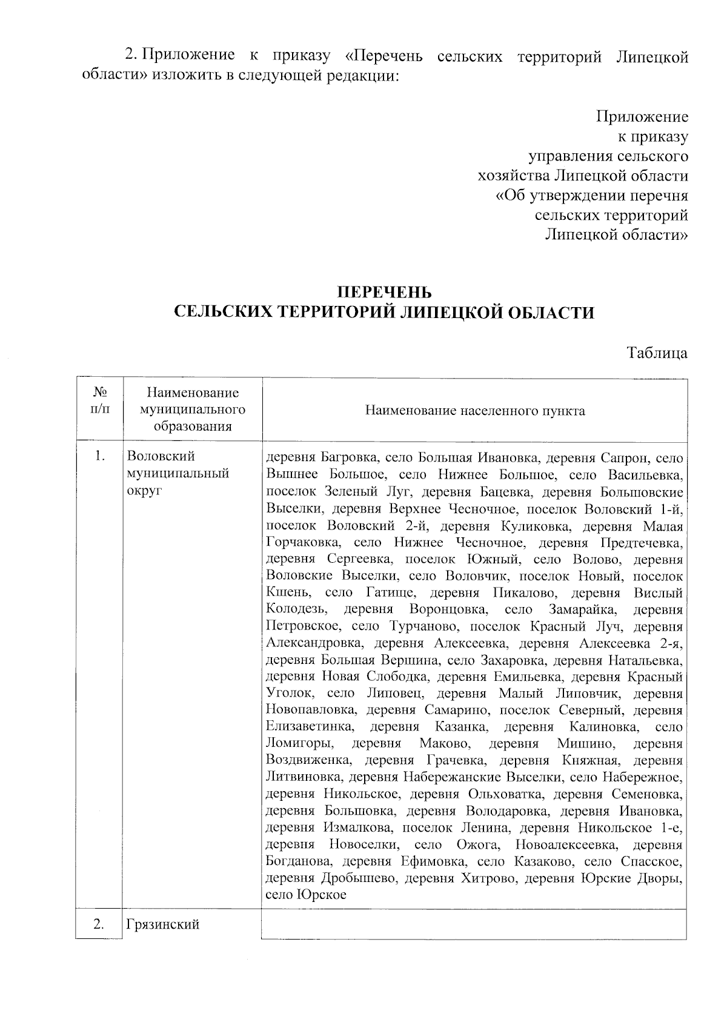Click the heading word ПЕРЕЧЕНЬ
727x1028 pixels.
click(x=384, y=293)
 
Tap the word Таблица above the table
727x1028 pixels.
click(x=657, y=353)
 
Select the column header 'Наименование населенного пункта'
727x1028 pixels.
click(x=475, y=411)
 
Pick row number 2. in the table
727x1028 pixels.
click(x=101, y=924)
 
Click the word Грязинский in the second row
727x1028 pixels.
click(x=163, y=924)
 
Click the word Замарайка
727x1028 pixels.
click(x=583, y=609)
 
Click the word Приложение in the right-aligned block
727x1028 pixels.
click(x=642, y=116)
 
